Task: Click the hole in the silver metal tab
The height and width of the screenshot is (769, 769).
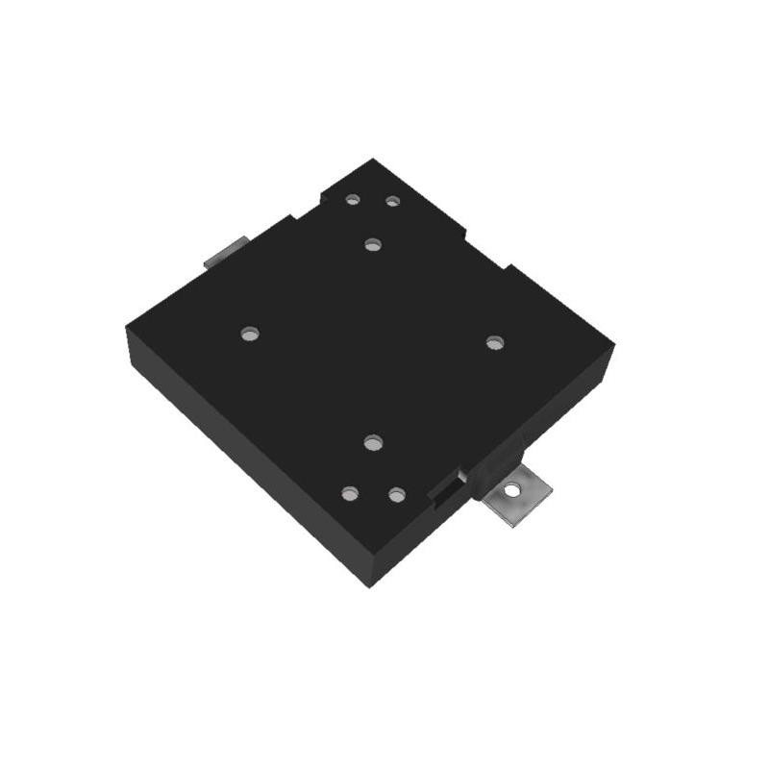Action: point(512,491)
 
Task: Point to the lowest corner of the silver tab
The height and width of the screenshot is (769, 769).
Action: point(507,527)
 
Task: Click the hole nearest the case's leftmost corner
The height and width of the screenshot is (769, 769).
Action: point(250,335)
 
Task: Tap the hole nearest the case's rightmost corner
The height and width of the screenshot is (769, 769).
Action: point(494,342)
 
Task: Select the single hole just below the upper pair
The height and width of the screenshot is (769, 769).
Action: point(373,244)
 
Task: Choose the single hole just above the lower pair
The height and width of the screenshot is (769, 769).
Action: point(374,442)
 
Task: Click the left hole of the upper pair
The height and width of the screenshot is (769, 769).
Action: point(353,199)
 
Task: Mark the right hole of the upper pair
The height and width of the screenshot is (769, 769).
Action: point(392,201)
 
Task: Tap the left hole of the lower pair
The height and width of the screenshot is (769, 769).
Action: point(350,493)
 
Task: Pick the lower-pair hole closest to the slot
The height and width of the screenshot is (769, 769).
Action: point(396,495)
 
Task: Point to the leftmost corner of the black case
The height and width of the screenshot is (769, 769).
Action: point(127,329)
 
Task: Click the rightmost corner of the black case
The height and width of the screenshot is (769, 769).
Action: point(613,346)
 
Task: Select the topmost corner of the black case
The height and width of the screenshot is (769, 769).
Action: point(373,160)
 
